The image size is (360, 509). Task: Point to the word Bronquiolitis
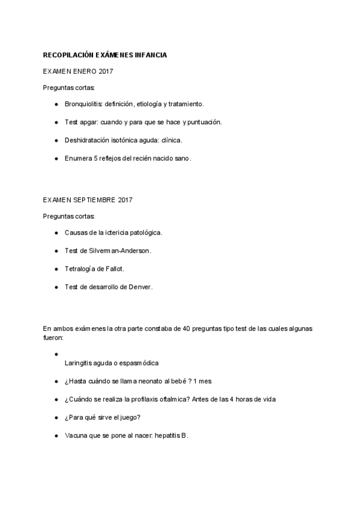point(83,104)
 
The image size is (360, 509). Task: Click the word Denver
point(139,287)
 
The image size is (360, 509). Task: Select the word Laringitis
point(80,363)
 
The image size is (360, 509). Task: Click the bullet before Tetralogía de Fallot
point(56,268)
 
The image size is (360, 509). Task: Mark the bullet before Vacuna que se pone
point(56,436)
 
